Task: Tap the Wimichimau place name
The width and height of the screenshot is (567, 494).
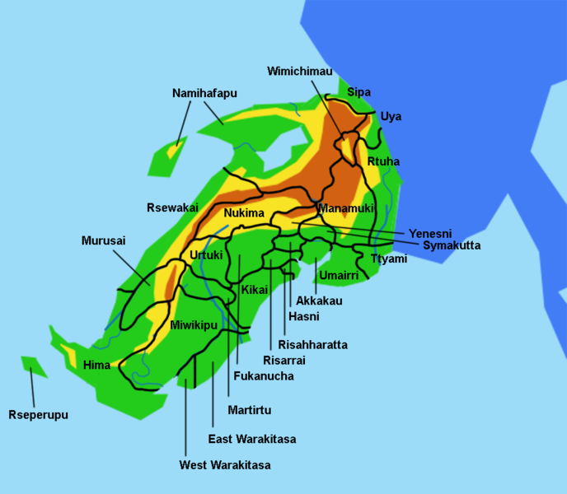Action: click(300, 72)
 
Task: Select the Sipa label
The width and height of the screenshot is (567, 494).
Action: click(358, 91)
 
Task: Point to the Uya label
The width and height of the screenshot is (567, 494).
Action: click(391, 117)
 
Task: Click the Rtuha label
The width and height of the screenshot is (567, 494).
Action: click(383, 161)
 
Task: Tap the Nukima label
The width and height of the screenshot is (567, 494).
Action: click(244, 213)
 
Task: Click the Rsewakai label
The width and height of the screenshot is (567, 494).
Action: click(172, 207)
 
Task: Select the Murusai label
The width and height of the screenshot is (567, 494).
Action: click(104, 241)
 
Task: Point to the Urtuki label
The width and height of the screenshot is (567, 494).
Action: click(206, 255)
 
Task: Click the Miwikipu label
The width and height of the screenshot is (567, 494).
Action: click(194, 325)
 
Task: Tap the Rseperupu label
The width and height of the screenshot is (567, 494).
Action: click(38, 415)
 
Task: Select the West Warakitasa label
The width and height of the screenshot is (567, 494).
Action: click(225, 465)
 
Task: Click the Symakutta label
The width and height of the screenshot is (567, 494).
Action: click(452, 245)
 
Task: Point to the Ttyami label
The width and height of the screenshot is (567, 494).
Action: click(389, 259)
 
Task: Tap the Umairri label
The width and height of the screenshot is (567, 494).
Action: click(339, 275)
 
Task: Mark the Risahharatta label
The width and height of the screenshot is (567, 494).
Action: click(312, 345)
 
